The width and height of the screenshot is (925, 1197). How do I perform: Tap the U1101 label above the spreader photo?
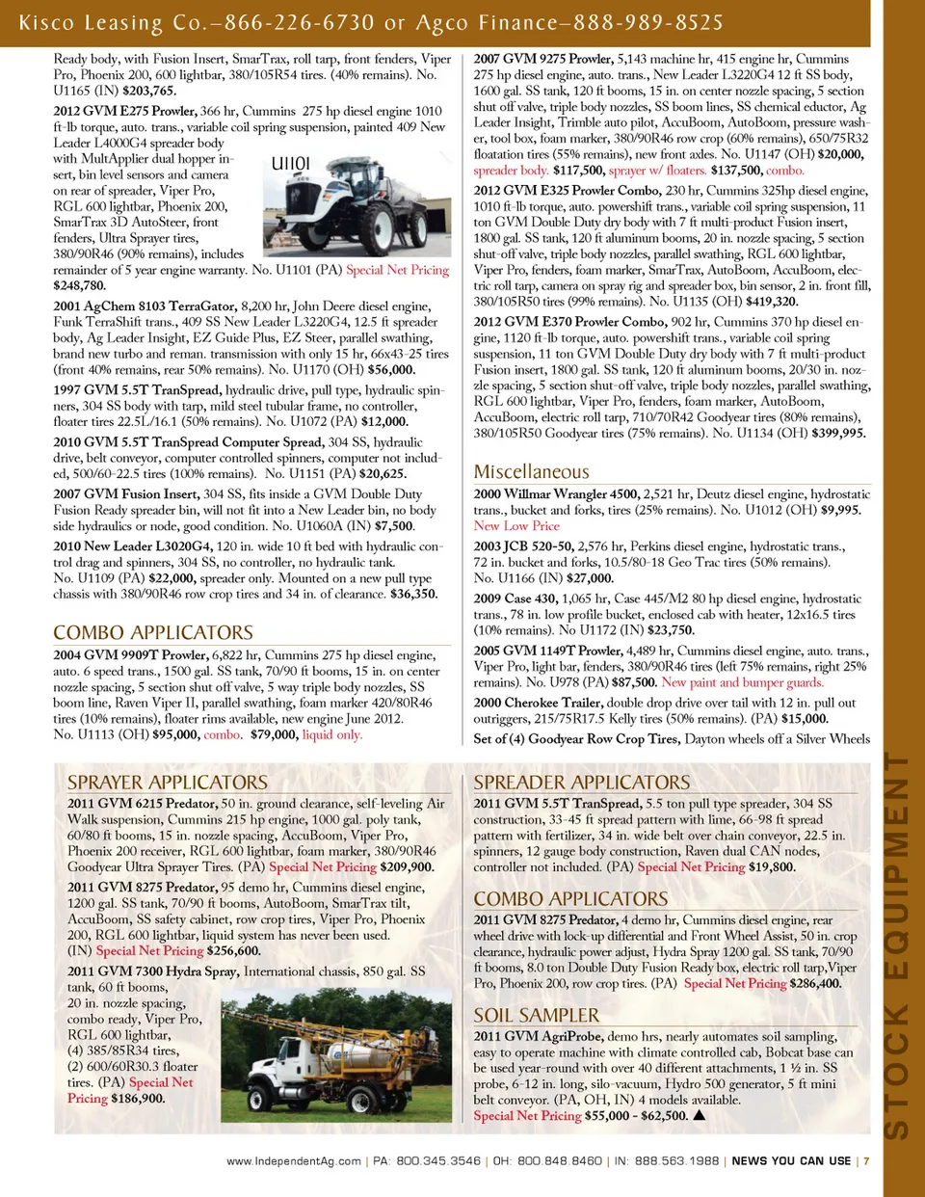290,163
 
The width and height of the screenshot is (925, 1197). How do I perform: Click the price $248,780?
80,286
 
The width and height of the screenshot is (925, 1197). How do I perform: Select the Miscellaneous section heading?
531,471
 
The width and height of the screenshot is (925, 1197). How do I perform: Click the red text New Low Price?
515,526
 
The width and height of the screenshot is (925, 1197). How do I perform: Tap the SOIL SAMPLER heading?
536,1015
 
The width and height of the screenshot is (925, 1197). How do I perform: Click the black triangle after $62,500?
700,1116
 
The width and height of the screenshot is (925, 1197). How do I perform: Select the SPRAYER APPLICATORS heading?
168,783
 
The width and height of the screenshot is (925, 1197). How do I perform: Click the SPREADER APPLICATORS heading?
582,783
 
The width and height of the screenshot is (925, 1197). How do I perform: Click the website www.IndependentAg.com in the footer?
294,1161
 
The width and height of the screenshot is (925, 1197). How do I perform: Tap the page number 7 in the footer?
866,1161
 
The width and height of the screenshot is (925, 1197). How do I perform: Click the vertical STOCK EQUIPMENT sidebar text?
896,944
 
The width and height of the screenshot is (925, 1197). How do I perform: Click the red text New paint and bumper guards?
742,682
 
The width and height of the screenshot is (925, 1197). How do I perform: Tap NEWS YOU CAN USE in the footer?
791,1161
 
